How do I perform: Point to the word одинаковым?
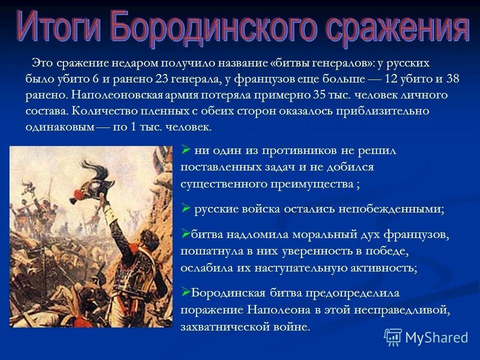coord(60,126)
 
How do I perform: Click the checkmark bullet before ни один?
coord(185,149)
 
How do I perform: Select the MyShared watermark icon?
coord(393,337)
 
